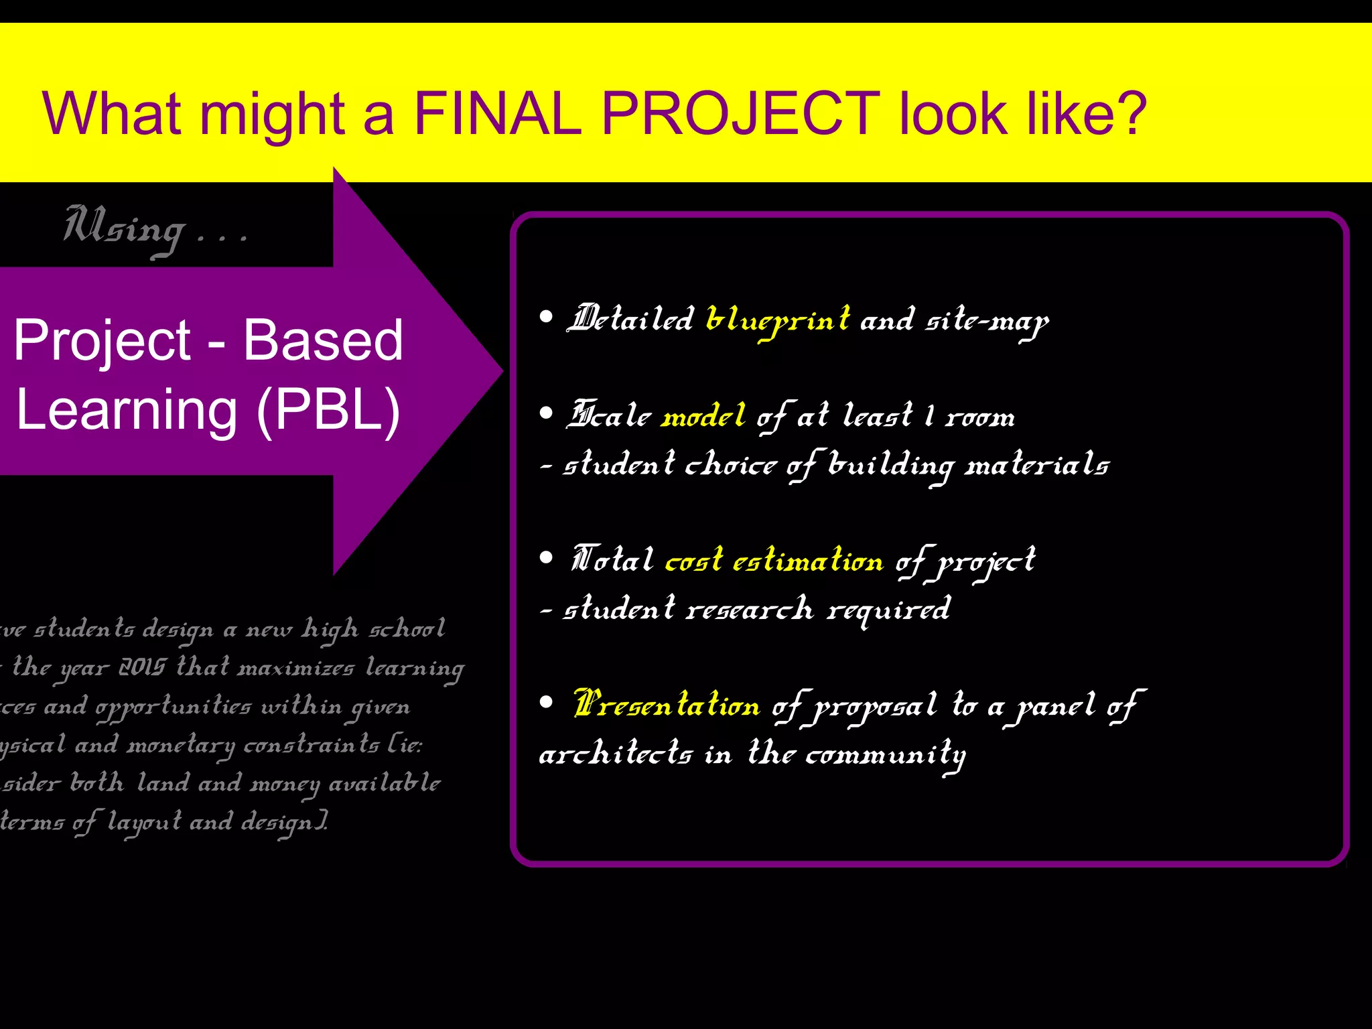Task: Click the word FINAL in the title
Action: [497, 114]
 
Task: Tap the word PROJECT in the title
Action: [740, 114]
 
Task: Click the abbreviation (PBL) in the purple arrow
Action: [328, 410]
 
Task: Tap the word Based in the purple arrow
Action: [323, 340]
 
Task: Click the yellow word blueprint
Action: [778, 320]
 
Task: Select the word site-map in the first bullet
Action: [987, 322]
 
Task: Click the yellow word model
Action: [703, 416]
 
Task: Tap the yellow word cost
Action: [693, 560]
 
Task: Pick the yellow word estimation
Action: [808, 560]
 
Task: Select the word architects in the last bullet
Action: [615, 754]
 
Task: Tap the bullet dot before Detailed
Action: [547, 317]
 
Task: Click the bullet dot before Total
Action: [547, 557]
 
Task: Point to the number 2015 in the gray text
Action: [141, 667]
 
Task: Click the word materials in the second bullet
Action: [1037, 464]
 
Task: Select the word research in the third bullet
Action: [750, 609]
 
